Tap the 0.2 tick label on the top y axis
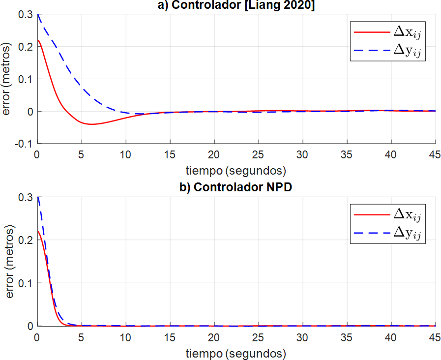[x=27, y=47]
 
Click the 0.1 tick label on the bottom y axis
[x=27, y=283]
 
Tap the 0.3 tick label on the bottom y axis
[x=27, y=197]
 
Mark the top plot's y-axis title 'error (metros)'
[x=7, y=79]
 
